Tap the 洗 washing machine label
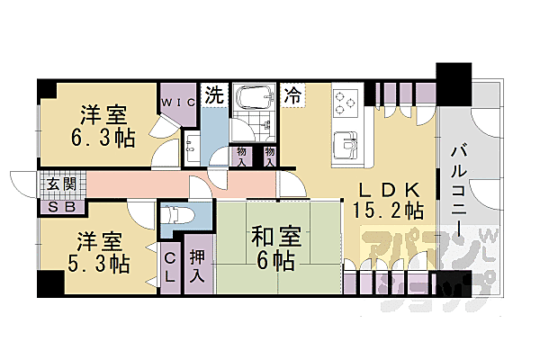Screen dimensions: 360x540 [215, 94]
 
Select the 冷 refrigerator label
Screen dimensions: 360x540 [293, 93]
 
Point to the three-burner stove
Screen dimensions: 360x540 [346, 103]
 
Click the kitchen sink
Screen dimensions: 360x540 [345, 143]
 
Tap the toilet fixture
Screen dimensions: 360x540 [174, 216]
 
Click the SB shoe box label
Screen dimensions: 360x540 [63, 206]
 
